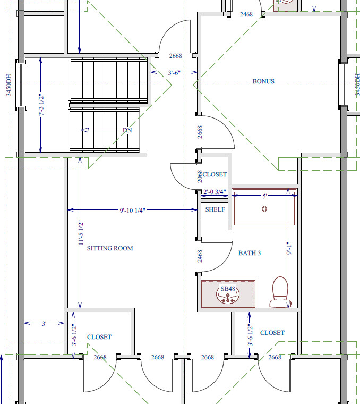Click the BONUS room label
click(263, 81)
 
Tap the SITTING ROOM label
click(110, 248)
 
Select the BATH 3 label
click(250, 253)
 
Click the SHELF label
click(215, 209)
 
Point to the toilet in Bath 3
click(280, 292)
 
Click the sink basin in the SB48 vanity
click(228, 295)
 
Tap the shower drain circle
click(264, 209)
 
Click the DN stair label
click(127, 130)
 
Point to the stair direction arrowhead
click(84, 130)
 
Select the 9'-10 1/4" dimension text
click(133, 211)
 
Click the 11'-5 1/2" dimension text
click(81, 233)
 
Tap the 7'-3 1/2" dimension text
click(41, 105)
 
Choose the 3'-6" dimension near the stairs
click(174, 73)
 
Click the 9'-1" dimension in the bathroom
click(289, 248)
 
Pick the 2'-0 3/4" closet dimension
click(215, 192)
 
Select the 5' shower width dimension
click(265, 196)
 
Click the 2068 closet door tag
click(200, 176)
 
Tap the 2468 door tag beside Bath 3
click(200, 256)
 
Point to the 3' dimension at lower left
click(44, 323)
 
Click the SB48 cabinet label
click(228, 289)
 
